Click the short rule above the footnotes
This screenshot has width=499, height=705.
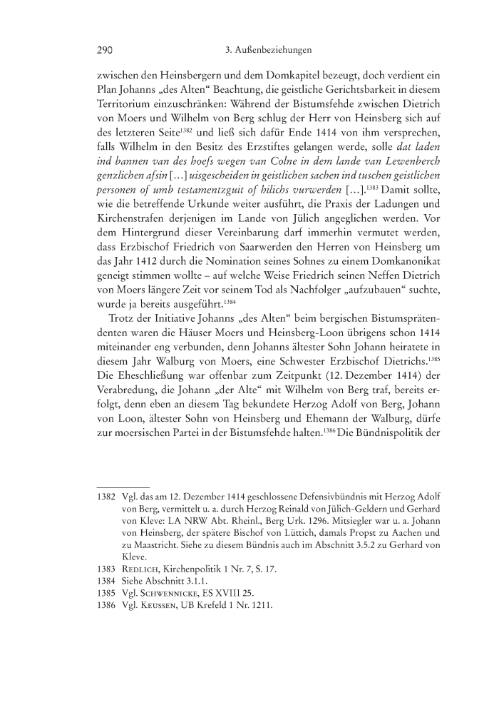coord(123,488)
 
